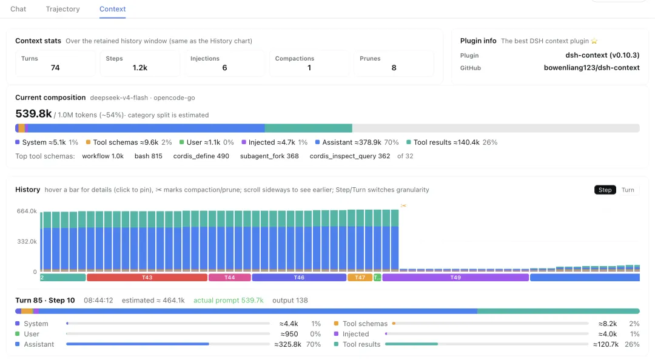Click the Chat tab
(18, 8)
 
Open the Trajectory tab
(62, 8)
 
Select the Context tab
(112, 8)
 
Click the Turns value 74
(55, 68)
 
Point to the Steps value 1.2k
(140, 68)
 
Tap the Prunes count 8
(394, 68)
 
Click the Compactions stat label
(295, 58)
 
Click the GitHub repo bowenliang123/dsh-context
(591, 68)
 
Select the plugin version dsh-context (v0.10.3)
(602, 55)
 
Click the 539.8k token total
(33, 113)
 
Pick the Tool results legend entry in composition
(452, 142)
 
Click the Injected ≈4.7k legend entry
(275, 142)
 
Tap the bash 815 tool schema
(149, 156)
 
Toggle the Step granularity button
(605, 190)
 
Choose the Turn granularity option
(628, 190)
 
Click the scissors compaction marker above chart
(403, 205)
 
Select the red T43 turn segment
(147, 278)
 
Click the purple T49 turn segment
(455, 278)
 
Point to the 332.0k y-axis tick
(27, 241)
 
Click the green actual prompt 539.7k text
(229, 300)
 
